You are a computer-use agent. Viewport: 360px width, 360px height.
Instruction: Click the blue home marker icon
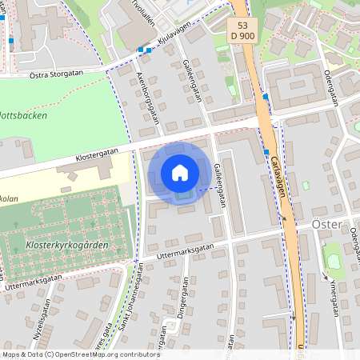(x=180, y=173)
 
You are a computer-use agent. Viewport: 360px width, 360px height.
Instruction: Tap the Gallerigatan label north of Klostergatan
(x=193, y=81)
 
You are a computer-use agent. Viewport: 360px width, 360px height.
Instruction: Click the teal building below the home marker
(x=184, y=194)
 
